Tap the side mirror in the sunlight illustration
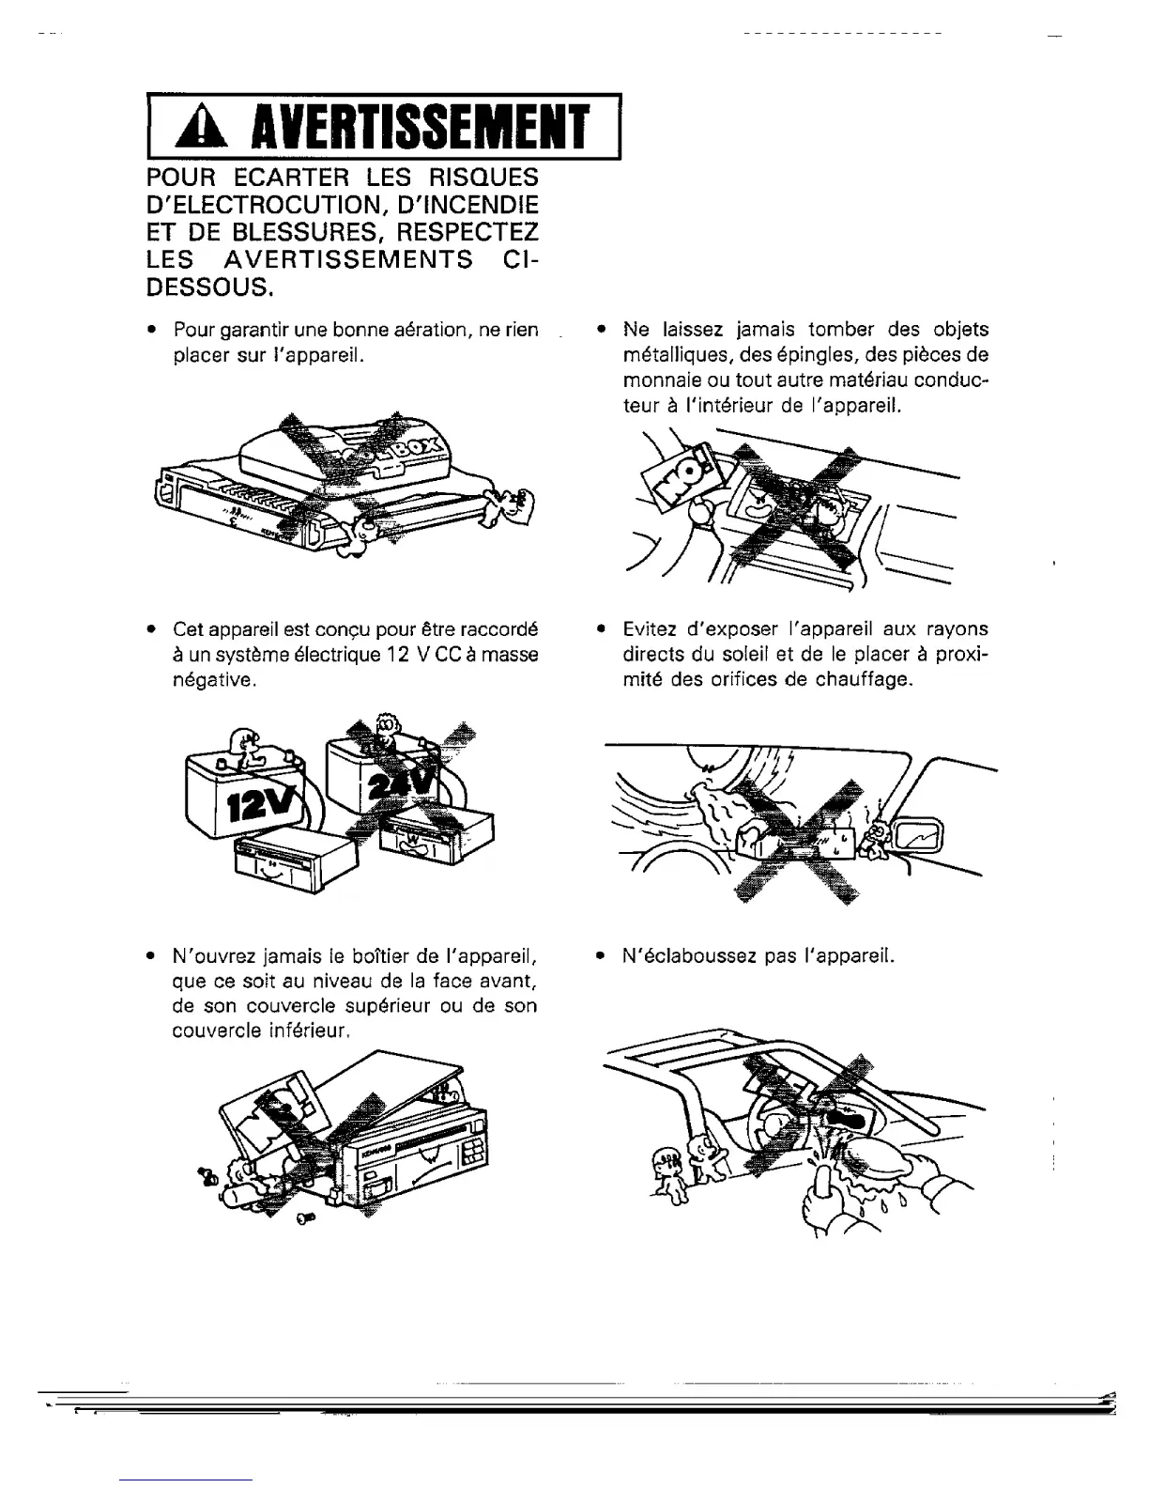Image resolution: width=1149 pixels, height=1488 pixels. (924, 834)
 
